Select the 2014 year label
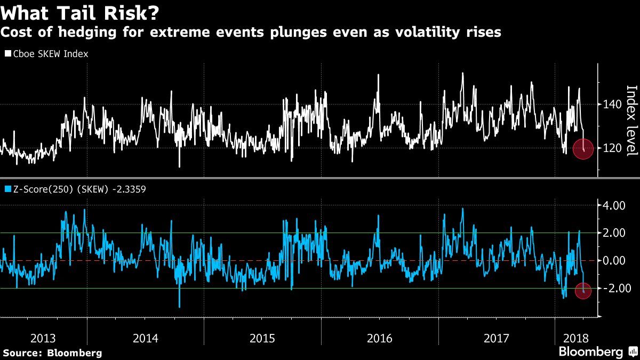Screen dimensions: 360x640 (x=146, y=338)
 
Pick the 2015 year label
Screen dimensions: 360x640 (x=262, y=338)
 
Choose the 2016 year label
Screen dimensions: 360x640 (x=380, y=338)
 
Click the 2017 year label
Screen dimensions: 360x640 (x=497, y=338)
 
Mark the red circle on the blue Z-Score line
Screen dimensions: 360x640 (x=583, y=291)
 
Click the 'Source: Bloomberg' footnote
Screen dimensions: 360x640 (x=52, y=353)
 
